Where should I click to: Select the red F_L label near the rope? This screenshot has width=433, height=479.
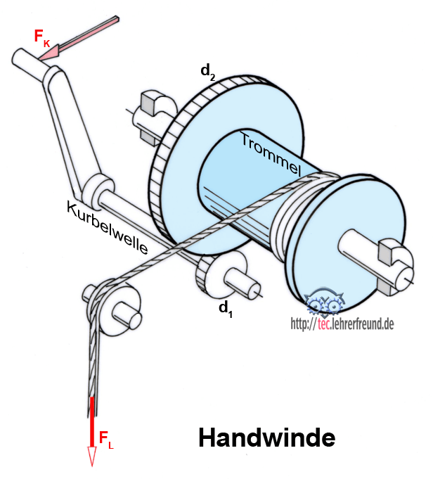[x=105, y=441]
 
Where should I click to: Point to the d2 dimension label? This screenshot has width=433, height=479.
[x=208, y=71]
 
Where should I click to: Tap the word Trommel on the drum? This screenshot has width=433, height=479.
[x=271, y=154]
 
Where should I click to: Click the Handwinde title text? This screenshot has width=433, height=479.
[x=266, y=438]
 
